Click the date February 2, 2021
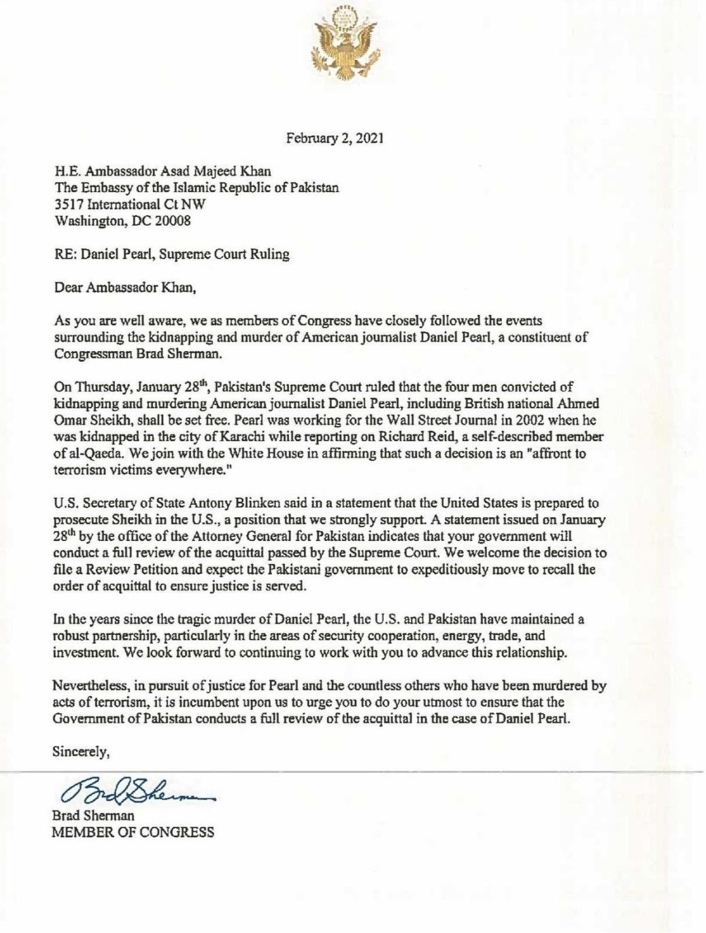335,139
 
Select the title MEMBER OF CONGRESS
133,832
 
